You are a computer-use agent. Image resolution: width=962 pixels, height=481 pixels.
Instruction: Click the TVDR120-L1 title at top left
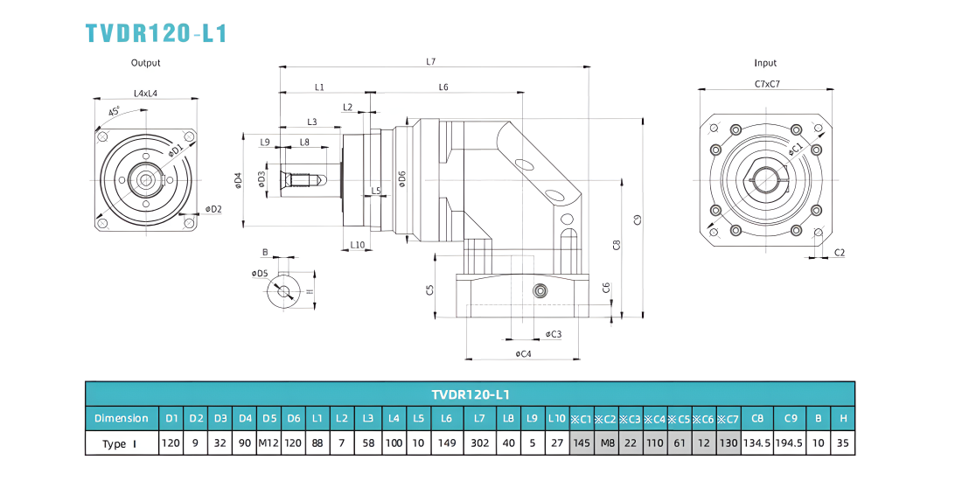coord(157,33)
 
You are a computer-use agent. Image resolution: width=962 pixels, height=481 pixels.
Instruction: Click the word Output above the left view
coord(145,63)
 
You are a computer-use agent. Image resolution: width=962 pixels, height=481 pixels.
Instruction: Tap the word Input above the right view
coord(765,63)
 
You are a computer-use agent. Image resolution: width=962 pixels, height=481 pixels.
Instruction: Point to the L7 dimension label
coord(430,61)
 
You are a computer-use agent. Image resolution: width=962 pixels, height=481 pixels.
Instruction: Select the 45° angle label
coord(114,112)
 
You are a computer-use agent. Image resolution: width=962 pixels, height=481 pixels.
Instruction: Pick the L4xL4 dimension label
coord(146,94)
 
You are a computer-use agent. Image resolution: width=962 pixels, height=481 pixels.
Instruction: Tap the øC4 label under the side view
coord(523,354)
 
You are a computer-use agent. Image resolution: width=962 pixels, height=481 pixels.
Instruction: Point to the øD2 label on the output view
coord(213,209)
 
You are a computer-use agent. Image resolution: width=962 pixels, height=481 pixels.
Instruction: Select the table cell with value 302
coord(480,443)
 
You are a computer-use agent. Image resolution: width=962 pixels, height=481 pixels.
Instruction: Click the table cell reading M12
coord(269,443)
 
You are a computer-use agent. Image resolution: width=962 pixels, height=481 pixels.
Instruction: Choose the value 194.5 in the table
coord(791,443)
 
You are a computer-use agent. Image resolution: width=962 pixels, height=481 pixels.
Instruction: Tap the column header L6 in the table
coord(446,418)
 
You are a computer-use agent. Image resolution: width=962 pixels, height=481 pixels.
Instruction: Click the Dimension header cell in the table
coord(122,418)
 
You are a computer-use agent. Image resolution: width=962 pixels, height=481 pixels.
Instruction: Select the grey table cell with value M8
coord(607,443)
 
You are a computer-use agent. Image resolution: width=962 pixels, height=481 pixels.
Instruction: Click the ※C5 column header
coord(680,418)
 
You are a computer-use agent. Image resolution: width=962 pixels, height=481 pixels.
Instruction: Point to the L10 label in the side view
coord(357,245)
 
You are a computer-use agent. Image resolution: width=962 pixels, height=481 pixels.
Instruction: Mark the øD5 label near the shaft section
coord(260,272)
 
